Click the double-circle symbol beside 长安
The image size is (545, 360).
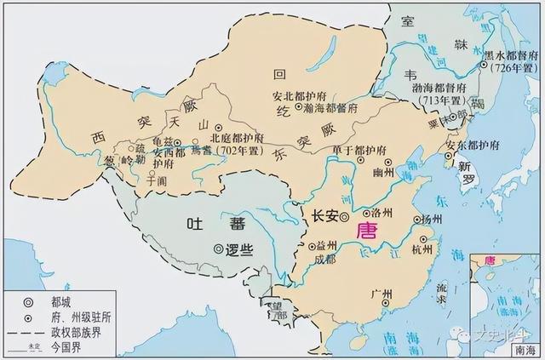click(x=344, y=218)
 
